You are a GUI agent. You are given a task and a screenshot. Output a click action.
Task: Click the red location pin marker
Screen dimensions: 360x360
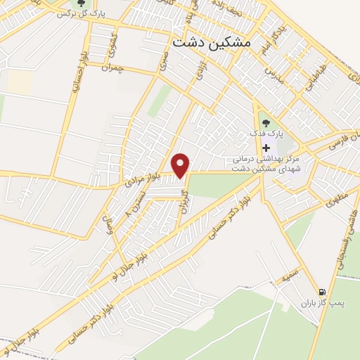tap(181, 165)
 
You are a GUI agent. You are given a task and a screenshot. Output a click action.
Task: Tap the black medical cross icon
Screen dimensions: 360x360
tap(266, 148)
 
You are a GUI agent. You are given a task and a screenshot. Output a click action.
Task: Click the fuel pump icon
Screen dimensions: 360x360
tap(321, 291)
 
